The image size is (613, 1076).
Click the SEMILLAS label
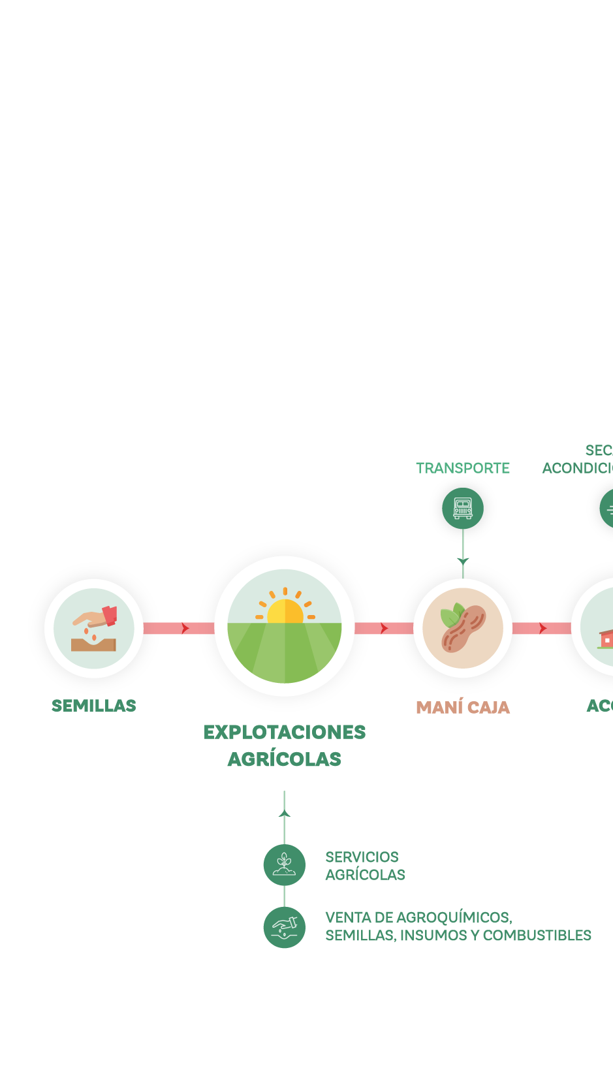[x=94, y=706]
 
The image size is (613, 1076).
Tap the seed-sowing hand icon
[x=94, y=628]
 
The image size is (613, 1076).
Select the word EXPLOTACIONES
[x=285, y=733]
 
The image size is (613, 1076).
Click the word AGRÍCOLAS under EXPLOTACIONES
[x=285, y=759]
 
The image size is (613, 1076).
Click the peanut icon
[x=463, y=628]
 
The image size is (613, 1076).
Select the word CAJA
[x=488, y=708]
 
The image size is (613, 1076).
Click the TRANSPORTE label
[x=463, y=468]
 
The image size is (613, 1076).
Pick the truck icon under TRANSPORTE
[x=463, y=508]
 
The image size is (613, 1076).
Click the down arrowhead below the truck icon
[x=463, y=561]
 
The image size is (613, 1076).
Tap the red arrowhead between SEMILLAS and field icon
[x=185, y=628]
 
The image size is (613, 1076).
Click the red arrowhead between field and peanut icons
[x=385, y=628]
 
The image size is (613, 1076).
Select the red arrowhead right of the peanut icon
[x=543, y=628]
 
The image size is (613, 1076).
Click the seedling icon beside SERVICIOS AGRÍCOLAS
[x=284, y=865]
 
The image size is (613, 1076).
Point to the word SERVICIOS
[x=362, y=857]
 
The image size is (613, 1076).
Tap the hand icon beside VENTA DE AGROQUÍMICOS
[x=284, y=928]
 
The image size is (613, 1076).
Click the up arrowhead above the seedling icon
[x=284, y=814]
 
